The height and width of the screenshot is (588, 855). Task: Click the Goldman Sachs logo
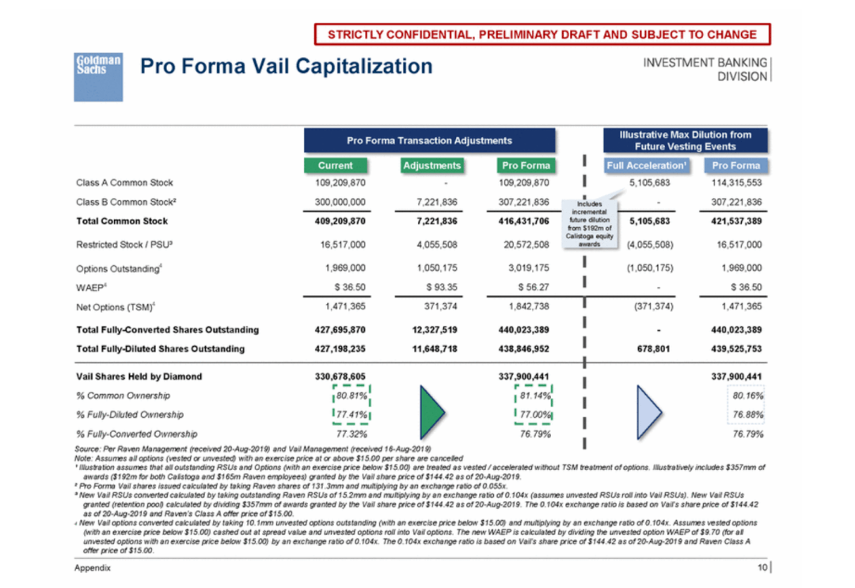tap(98, 77)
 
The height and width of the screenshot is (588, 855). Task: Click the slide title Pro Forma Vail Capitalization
tap(287, 66)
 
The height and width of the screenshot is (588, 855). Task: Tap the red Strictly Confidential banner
tap(542, 34)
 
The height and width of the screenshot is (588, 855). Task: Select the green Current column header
tap(336, 165)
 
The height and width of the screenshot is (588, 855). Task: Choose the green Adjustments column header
tap(432, 165)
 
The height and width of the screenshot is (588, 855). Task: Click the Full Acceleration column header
tap(647, 165)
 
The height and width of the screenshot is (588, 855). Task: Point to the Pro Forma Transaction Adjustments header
tap(430, 141)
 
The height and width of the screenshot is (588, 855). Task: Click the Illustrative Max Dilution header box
tap(686, 141)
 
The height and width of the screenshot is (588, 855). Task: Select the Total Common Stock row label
tap(122, 222)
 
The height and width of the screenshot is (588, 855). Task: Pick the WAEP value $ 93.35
tap(442, 287)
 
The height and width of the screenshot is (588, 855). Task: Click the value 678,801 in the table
tap(653, 349)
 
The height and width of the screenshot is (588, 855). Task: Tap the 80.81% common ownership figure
tap(351, 396)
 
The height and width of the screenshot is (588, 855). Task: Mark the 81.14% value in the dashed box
tap(535, 396)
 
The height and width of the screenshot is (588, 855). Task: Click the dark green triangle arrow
tap(431, 412)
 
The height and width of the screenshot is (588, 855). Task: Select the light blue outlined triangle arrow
tap(649, 412)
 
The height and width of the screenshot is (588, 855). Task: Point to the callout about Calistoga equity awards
tap(590, 224)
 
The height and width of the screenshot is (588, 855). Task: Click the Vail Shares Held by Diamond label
tap(139, 377)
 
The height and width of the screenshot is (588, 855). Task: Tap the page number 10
tap(762, 568)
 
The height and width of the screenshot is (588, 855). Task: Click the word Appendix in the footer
tap(93, 568)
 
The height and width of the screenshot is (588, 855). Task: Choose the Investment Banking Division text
tap(705, 70)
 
